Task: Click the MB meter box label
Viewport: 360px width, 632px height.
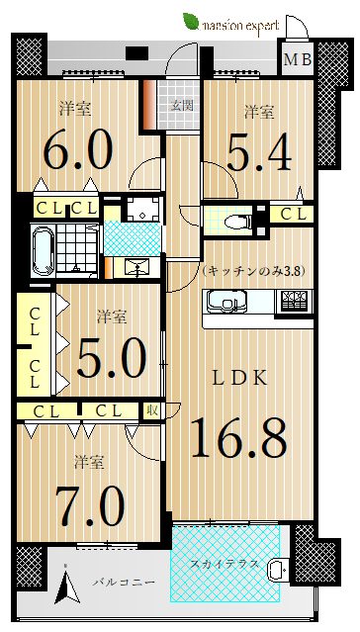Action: click(298, 60)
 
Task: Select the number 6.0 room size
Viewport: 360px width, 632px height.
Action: click(77, 150)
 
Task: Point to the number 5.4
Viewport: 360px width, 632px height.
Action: click(259, 152)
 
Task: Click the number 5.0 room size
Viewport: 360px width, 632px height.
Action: click(112, 357)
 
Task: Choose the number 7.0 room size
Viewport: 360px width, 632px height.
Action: click(89, 504)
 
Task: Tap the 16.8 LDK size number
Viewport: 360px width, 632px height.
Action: click(239, 438)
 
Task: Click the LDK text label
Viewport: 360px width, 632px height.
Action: click(240, 379)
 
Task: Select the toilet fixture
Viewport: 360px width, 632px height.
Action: click(237, 222)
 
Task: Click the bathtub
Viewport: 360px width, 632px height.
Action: click(43, 251)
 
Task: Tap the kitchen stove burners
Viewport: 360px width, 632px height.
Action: click(294, 301)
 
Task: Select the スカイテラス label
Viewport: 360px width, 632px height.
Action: click(225, 565)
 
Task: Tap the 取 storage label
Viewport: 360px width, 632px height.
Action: click(151, 411)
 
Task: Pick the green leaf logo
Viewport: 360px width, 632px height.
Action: click(191, 22)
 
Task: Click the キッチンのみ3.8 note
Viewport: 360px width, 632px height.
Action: click(254, 271)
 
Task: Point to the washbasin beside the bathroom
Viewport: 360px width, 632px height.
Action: click(137, 268)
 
